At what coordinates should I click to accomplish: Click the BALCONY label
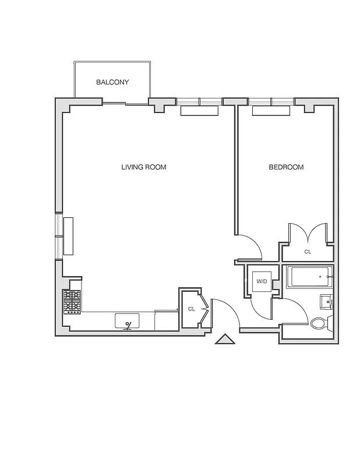(112, 83)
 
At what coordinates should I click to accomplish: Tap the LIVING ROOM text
(143, 167)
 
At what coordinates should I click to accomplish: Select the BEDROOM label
(286, 167)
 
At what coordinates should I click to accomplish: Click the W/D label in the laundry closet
(262, 282)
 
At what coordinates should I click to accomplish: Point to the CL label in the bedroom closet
(308, 252)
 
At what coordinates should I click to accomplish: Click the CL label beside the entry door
(191, 309)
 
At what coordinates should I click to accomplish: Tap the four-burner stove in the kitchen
(72, 302)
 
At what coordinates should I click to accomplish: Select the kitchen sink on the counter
(128, 321)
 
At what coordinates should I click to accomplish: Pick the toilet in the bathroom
(320, 323)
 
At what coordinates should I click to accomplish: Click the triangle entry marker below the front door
(224, 340)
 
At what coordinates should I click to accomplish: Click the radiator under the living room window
(199, 111)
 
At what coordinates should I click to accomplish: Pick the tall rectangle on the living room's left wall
(69, 236)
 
